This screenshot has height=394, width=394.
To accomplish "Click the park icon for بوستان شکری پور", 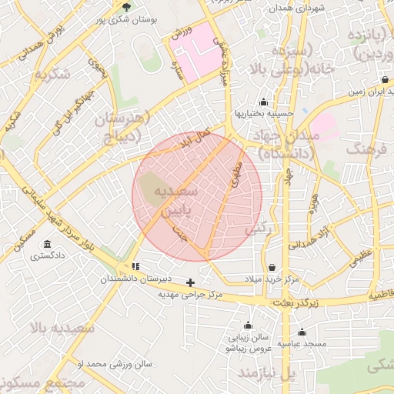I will [126, 8].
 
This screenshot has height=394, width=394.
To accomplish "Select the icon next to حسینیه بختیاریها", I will [264, 102].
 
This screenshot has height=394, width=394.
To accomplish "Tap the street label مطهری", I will [235, 175].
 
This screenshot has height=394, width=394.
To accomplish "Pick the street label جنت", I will [182, 233].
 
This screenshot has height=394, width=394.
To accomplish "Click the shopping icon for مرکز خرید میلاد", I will [272, 267].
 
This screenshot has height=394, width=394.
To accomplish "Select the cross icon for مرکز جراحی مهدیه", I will [191, 283].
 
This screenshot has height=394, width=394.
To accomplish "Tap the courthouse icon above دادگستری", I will [48, 245].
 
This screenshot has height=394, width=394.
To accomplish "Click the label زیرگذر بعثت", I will [295, 304].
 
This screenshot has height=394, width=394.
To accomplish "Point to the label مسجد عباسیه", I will [302, 344].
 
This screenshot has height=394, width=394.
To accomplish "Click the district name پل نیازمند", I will [266, 372].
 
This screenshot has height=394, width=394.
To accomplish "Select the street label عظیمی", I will [361, 257].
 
